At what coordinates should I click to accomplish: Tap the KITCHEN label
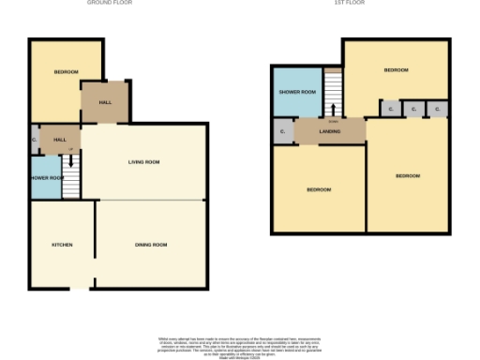pos(62,245)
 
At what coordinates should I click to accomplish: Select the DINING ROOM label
pos(151,245)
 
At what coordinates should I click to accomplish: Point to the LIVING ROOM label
pos(144,162)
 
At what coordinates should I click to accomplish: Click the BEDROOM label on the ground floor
pos(65,72)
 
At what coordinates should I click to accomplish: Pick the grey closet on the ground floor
pos(34,141)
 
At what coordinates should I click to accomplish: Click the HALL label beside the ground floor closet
pos(60,140)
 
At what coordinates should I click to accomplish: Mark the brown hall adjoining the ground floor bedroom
pos(103,102)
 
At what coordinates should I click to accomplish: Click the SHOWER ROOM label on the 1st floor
pos(296,92)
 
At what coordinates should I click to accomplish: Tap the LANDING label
pos(329,131)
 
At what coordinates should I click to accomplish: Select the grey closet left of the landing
pos(282,131)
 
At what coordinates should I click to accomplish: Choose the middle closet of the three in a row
pos(413,110)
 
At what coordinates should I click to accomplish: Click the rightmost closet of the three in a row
pos(437,110)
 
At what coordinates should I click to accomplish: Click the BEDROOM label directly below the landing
pos(318,190)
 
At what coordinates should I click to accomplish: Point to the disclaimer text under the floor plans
pos(239,344)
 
